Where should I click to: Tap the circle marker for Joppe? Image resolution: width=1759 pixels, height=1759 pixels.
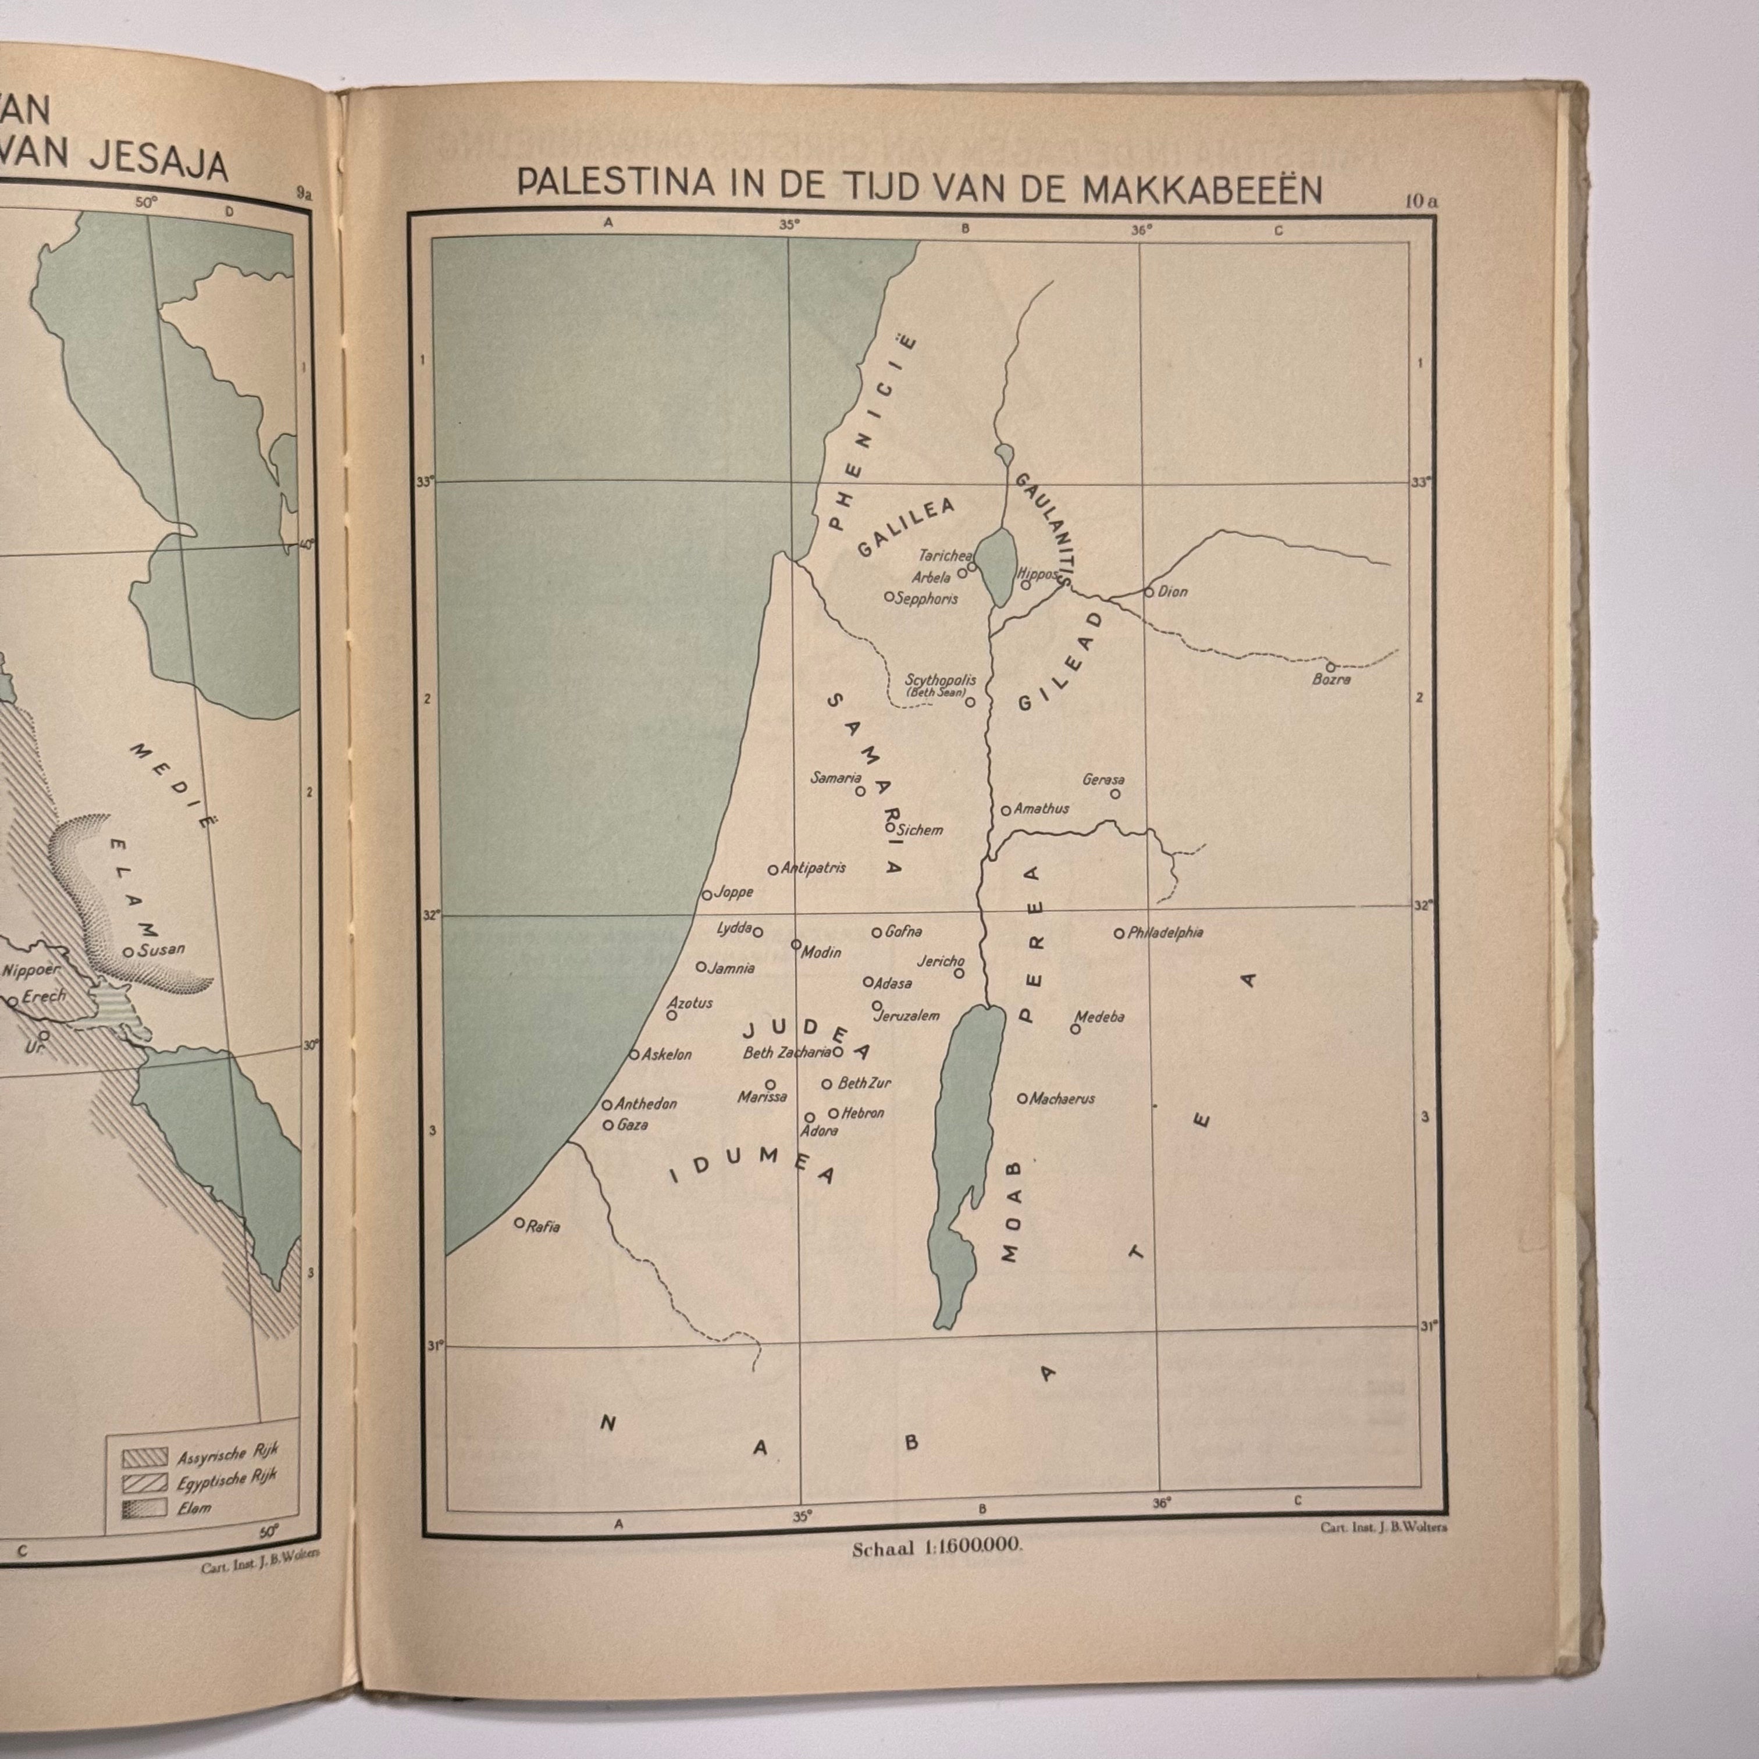707,896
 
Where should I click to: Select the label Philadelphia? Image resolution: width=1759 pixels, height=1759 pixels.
1165,933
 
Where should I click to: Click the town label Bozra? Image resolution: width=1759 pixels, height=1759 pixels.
1331,679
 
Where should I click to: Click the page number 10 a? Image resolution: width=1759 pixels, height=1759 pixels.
1420,202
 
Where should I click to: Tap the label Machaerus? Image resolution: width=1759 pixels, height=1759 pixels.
1062,1099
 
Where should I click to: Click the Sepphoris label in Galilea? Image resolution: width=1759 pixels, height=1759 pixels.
926,599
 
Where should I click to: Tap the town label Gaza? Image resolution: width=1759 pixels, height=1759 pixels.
632,1126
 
